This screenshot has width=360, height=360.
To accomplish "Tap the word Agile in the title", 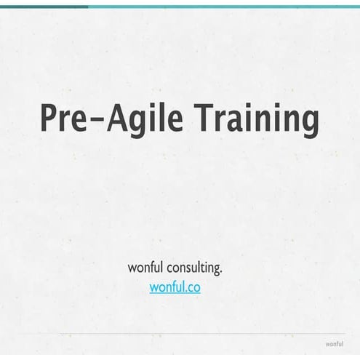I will coord(145,119).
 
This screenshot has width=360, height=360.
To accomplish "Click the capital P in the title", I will coord(48,119).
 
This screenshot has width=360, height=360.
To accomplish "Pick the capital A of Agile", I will coord(118,119).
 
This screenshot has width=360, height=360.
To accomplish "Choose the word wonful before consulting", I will coord(145,268).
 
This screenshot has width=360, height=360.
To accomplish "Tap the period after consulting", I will coord(220,272).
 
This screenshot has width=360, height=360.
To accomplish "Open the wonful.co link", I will coord(175,287).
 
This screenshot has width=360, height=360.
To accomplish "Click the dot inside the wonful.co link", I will coord(185,291).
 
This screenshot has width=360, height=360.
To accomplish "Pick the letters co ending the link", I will coord(193,288).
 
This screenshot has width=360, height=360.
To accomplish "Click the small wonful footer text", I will coord(334,344).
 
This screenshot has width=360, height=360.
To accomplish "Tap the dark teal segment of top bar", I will coord(44,7).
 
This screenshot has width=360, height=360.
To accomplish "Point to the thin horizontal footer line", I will coord(182,334).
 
